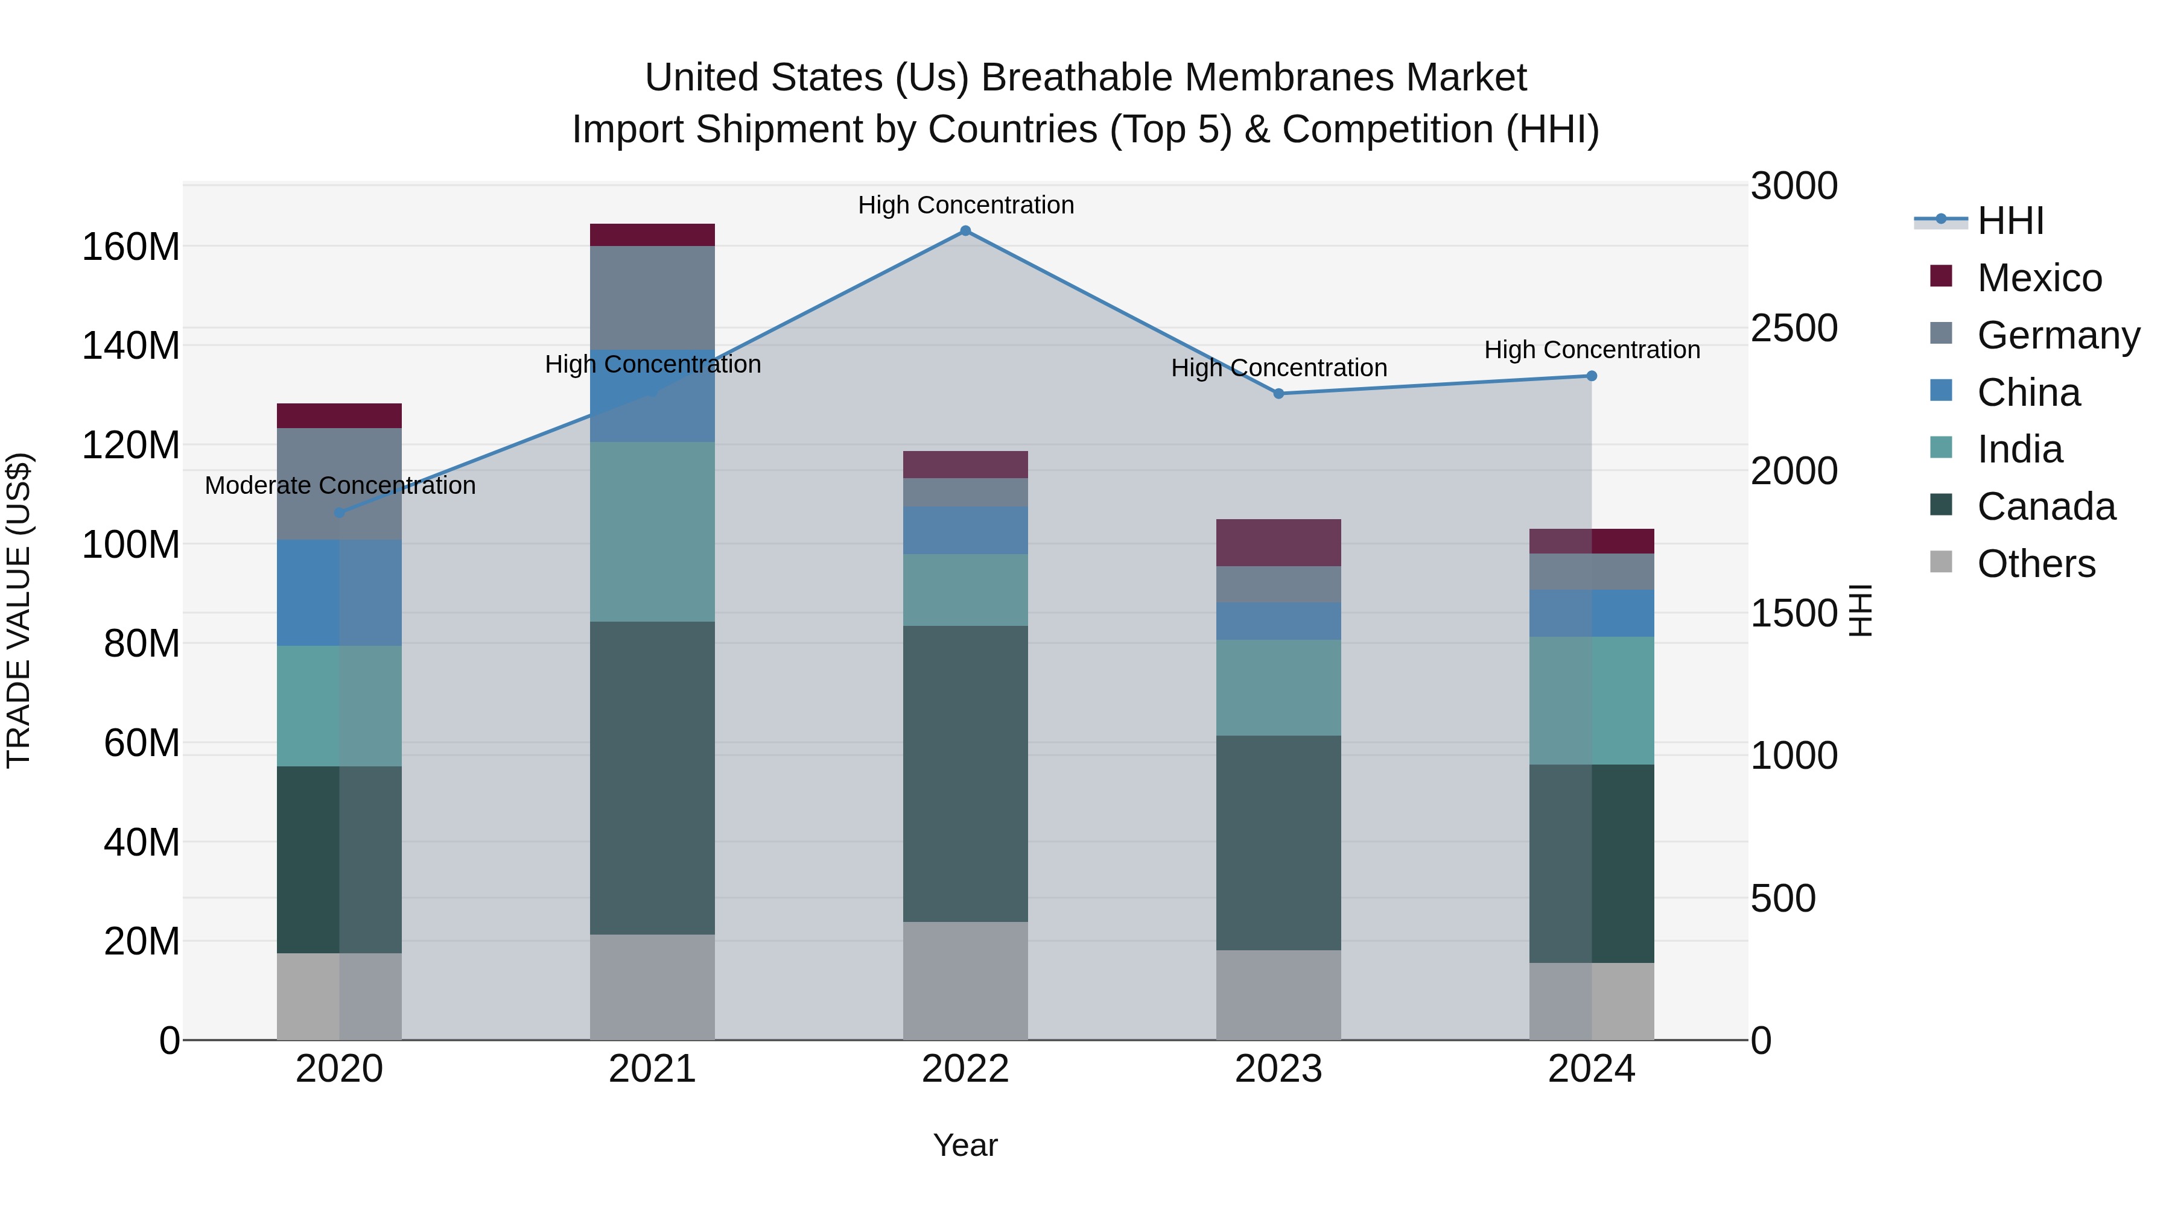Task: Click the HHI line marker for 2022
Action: pyautogui.click(x=965, y=231)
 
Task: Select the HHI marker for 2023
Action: pyautogui.click(x=1278, y=394)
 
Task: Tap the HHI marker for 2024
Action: pyautogui.click(x=1591, y=376)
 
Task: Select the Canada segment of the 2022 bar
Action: pyautogui.click(x=965, y=774)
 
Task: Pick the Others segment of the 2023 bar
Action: pyautogui.click(x=1278, y=994)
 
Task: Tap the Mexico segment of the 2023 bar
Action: pyautogui.click(x=1278, y=543)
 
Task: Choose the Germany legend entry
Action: pyautogui.click(x=2058, y=335)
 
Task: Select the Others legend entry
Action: pyautogui.click(x=2036, y=564)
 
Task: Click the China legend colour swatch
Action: pyautogui.click(x=1941, y=391)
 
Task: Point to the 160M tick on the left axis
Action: pyautogui.click(x=131, y=247)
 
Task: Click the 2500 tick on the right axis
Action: pyautogui.click(x=1794, y=329)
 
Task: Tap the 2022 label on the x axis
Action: pyautogui.click(x=965, y=1069)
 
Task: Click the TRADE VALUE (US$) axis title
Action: pyautogui.click(x=19, y=610)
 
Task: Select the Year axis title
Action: pyautogui.click(x=965, y=1145)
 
